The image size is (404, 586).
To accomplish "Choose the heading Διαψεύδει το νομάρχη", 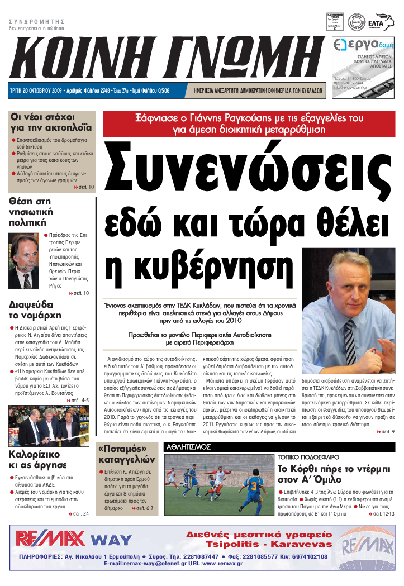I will pos(31,310).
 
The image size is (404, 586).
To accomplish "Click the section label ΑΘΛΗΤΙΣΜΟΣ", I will pos(188,447).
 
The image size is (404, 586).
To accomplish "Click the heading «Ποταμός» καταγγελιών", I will pos(126,455).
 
